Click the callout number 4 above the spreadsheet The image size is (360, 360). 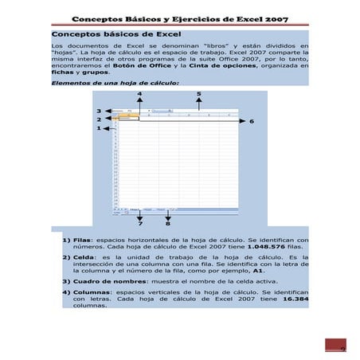[141, 94]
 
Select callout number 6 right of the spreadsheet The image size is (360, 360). [252, 122]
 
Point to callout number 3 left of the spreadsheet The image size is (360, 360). [99, 111]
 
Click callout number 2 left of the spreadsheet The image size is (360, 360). [99, 119]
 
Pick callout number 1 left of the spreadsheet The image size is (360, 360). [99, 128]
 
